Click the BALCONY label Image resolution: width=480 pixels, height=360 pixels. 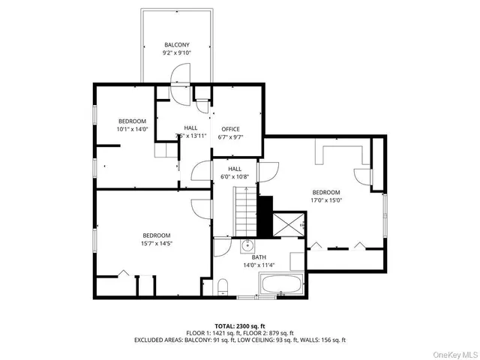[x=177, y=46]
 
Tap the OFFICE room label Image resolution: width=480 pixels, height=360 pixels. [x=229, y=129]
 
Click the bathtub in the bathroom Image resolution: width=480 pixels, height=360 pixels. [x=281, y=286]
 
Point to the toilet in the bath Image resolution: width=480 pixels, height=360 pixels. [x=223, y=286]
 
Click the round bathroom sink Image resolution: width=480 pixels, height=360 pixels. [x=247, y=245]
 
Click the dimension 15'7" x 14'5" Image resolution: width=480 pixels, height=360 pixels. [x=157, y=243]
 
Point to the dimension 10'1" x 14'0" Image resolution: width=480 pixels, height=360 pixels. [x=132, y=129]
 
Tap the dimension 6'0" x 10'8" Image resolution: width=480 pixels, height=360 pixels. [x=235, y=177]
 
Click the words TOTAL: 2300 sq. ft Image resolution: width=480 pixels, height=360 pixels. [x=240, y=325]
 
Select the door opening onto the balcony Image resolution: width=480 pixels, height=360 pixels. [x=180, y=74]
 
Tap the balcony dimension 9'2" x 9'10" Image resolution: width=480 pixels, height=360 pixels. [x=177, y=54]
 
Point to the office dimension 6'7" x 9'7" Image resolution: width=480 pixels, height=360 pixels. [x=229, y=137]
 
